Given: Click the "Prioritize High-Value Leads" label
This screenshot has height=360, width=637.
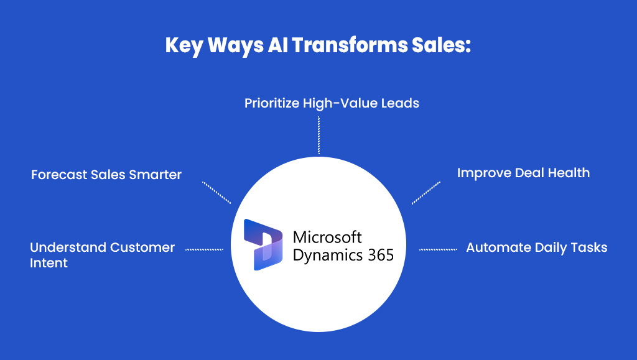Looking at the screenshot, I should coord(331,103).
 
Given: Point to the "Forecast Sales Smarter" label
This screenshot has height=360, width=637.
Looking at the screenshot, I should coord(106,175).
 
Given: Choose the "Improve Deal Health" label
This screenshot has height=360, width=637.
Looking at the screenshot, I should coord(523,173).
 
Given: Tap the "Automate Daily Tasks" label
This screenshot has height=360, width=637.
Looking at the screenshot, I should coord(536,247).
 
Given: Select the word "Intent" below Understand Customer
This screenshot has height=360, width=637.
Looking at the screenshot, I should coord(49,263).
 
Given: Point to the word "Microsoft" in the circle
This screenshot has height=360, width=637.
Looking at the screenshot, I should coord(327,237).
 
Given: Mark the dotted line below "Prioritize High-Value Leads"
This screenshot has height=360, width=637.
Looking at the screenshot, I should coord(318,135).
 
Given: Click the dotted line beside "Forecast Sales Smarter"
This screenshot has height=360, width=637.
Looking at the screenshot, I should coord(216,192).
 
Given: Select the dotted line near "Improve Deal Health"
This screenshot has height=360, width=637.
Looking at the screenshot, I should coord(425,192).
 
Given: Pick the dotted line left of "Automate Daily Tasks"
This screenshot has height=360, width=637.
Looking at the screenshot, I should coord(438,249).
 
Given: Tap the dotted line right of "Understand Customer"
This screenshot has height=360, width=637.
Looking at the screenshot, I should coord(204,249).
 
